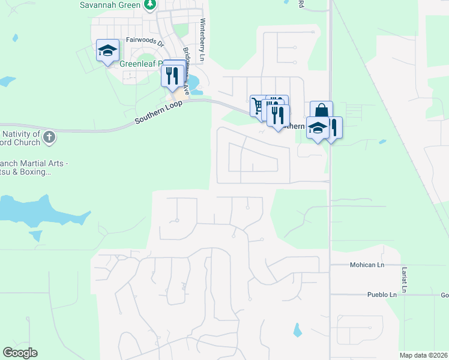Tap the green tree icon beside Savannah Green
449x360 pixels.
click(x=150, y=5)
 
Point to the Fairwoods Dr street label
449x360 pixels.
click(x=145, y=42)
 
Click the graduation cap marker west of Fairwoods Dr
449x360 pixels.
click(x=107, y=50)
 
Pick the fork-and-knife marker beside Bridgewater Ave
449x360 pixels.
click(x=171, y=75)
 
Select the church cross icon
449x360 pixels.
click(x=50, y=138)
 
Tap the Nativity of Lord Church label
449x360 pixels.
click(x=21, y=138)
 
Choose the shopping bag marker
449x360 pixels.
click(x=321, y=110)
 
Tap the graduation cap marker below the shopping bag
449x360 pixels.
click(x=318, y=128)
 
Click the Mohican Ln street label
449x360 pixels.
click(x=365, y=265)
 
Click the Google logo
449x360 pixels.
click(x=20, y=353)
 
